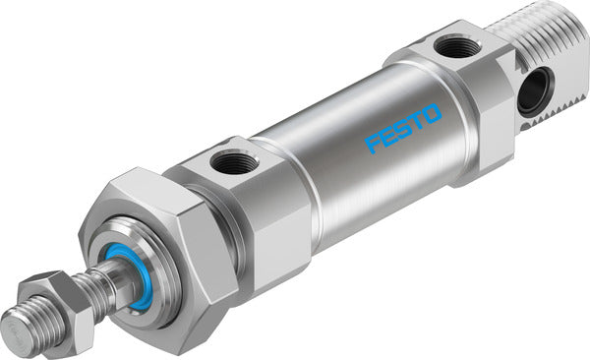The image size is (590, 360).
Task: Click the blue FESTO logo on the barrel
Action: (404, 130)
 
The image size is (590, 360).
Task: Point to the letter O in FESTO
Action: (433, 114)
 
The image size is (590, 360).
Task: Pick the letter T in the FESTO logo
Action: (418, 122)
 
